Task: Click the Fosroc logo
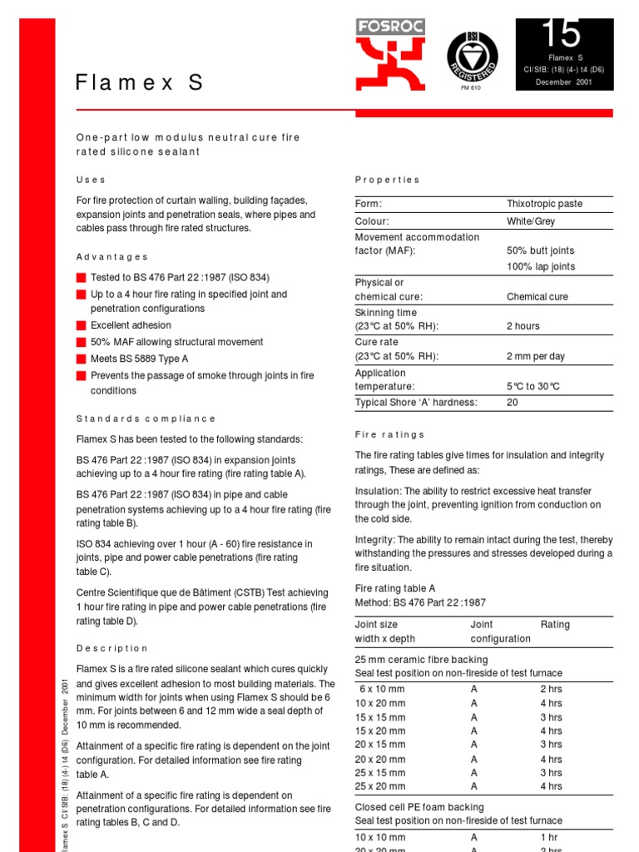(390, 55)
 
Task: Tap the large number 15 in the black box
(562, 34)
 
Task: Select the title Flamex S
(139, 82)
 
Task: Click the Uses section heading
(91, 180)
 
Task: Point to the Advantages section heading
(112, 257)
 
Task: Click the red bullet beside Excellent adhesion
(81, 325)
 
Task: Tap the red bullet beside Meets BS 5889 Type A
(81, 359)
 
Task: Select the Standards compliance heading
(146, 419)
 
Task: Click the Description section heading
(111, 648)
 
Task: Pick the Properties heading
(387, 180)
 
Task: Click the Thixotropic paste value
(544, 204)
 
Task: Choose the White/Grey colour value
(530, 221)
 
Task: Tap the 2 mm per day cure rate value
(535, 356)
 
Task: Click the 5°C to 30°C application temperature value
(532, 386)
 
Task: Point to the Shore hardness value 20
(512, 403)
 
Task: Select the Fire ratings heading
(389, 434)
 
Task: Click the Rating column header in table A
(555, 624)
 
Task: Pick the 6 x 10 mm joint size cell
(383, 689)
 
